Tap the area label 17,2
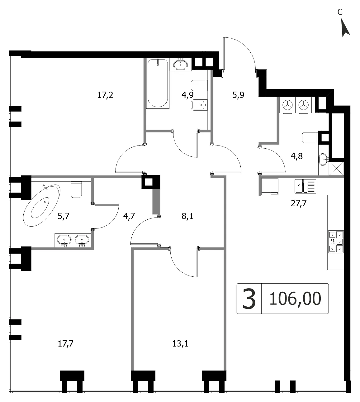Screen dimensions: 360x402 (105, 95)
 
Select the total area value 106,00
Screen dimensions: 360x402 (295, 299)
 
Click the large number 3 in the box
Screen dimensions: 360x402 (249, 299)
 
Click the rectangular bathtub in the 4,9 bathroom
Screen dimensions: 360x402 (158, 83)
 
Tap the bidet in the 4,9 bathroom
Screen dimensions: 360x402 (199, 105)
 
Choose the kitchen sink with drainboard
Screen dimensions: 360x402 (305, 186)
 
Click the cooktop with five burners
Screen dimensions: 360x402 (336, 242)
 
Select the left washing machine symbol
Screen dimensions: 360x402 (287, 105)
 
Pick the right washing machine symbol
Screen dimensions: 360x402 (303, 105)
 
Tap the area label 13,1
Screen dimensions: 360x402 (180, 344)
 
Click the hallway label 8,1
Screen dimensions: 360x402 (187, 216)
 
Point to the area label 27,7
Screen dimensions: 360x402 (299, 203)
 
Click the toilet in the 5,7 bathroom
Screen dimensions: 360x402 (76, 189)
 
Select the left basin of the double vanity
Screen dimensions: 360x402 (64, 240)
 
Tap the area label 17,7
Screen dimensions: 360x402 (66, 344)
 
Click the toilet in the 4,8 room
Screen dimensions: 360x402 (310, 137)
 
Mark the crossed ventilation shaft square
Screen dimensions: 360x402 (336, 169)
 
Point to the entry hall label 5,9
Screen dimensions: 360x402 (238, 95)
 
